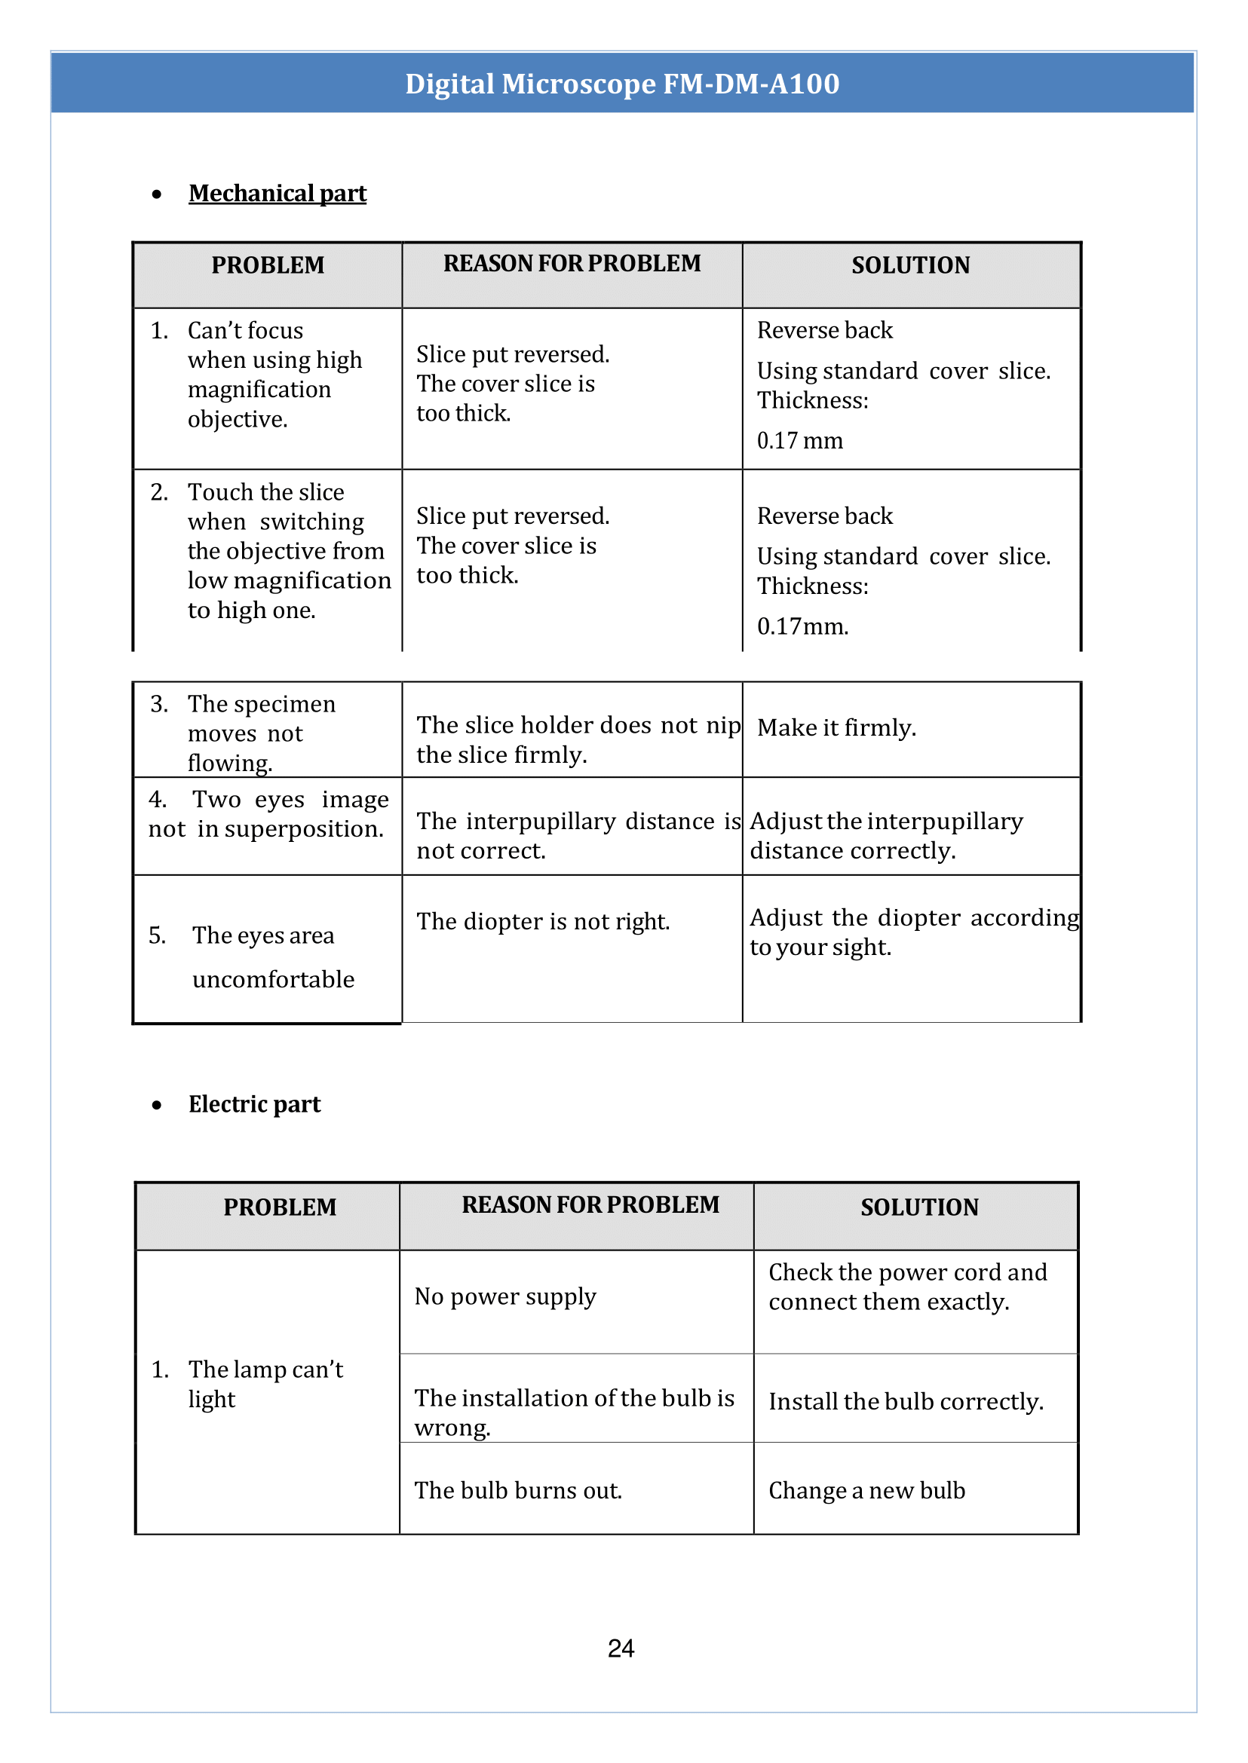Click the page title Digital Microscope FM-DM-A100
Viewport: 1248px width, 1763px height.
tap(621, 84)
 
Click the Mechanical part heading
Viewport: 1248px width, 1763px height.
tap(278, 194)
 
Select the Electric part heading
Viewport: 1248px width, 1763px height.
tap(254, 1104)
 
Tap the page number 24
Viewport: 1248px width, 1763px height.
tap(621, 1648)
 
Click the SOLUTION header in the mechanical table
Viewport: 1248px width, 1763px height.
tap(911, 266)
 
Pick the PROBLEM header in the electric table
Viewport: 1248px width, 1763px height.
tap(280, 1207)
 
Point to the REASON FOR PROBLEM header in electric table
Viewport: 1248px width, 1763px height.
tap(590, 1204)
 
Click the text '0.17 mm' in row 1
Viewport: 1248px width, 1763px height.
tap(799, 441)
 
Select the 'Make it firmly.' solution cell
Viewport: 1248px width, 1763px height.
tap(836, 727)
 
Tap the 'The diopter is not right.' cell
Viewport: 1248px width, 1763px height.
tap(542, 921)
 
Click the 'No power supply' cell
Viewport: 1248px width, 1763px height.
tap(505, 1296)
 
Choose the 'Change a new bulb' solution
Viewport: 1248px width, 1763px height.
tap(866, 1490)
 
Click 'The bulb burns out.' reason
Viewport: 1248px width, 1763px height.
tap(517, 1490)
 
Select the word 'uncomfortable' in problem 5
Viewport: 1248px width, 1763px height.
tap(274, 979)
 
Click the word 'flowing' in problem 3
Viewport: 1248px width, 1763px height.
tap(229, 763)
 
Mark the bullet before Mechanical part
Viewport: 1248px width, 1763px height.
tap(157, 194)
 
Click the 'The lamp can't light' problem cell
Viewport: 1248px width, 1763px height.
tap(265, 1384)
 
